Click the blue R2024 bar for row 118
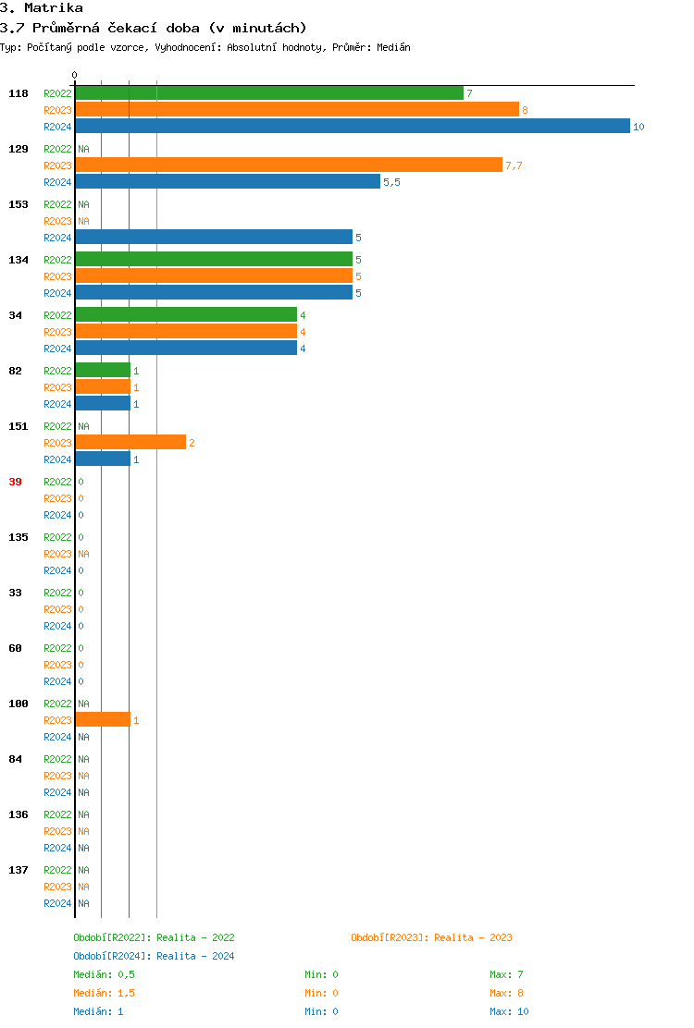point(352,127)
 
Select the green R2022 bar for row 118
point(268,93)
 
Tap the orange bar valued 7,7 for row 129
point(288,165)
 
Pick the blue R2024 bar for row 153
point(213,238)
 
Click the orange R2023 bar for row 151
point(130,443)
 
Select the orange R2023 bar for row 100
point(102,720)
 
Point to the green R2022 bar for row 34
point(185,315)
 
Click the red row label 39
point(15,482)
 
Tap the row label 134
point(18,260)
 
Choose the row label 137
point(18,870)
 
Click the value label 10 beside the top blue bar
point(638,127)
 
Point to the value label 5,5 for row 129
point(391,182)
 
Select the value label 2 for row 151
point(192,443)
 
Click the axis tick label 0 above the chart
point(75,76)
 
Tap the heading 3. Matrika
point(42,8)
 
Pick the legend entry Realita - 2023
point(473,937)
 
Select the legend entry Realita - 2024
point(195,956)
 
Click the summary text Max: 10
point(509,1011)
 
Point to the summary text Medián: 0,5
point(105,974)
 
